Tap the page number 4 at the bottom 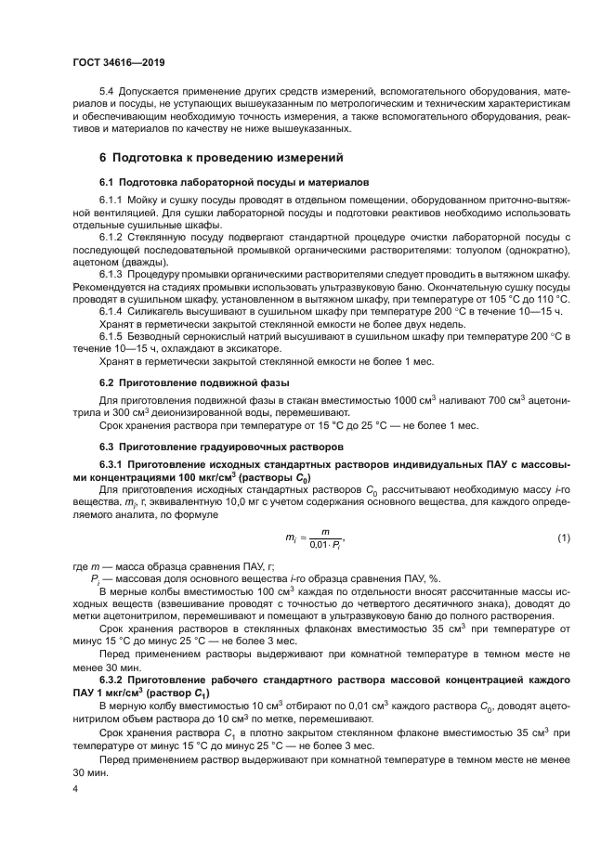pyautogui.click(x=76, y=789)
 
